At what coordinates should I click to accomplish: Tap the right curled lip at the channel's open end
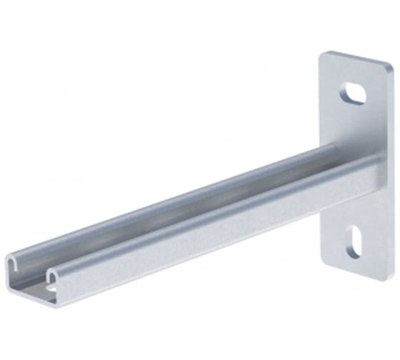click(x=54, y=275)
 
